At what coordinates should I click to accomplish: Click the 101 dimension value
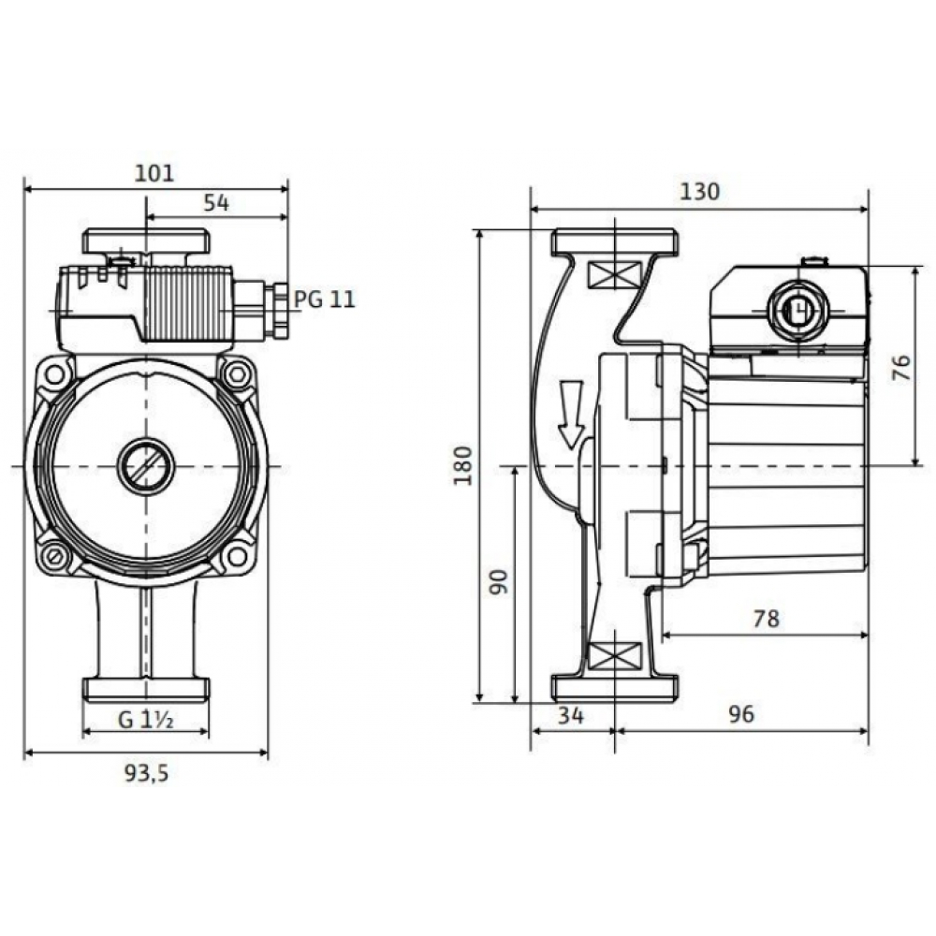click(x=154, y=173)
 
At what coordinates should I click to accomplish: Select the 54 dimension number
click(x=216, y=203)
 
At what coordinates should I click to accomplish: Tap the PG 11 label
click(x=325, y=299)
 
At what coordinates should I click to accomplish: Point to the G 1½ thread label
click(x=146, y=720)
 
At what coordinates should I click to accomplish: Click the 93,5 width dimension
click(x=146, y=773)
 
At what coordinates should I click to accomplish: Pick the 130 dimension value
click(x=699, y=192)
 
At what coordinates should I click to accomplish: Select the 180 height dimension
click(x=463, y=465)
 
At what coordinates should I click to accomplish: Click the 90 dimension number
click(x=499, y=582)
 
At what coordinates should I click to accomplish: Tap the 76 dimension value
click(x=902, y=368)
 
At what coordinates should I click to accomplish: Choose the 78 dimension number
click(x=767, y=619)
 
